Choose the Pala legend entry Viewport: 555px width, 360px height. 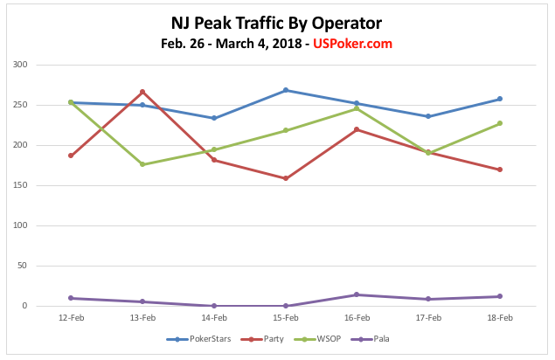point(380,339)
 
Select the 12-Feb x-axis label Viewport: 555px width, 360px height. point(70,318)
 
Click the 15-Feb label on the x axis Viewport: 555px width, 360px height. point(285,318)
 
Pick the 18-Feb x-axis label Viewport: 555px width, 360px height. point(499,318)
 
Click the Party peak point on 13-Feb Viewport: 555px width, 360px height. point(142,92)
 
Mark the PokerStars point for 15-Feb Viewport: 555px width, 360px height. point(286,90)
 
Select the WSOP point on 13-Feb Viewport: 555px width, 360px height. point(142,164)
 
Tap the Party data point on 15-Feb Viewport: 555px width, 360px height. point(286,178)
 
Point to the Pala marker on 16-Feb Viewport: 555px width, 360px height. point(357,294)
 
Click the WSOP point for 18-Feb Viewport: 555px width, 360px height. point(499,123)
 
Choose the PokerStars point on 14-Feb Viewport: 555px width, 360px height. point(214,118)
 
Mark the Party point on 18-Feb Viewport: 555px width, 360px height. point(499,170)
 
